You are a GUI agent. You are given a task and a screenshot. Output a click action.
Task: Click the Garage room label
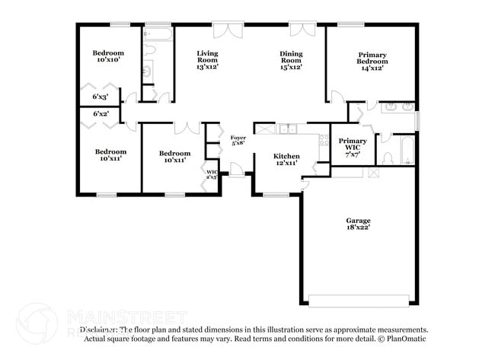[356, 219]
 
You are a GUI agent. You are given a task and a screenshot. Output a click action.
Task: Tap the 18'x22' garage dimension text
[356, 227]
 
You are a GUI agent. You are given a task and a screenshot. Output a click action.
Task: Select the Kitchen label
[286, 155]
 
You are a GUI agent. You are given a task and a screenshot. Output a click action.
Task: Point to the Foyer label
[238, 137]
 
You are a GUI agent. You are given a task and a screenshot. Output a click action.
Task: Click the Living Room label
[207, 55]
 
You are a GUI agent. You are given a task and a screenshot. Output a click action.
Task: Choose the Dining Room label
[290, 55]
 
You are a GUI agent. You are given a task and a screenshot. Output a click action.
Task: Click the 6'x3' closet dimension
[101, 97]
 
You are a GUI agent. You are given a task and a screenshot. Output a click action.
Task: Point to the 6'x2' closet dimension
[101, 114]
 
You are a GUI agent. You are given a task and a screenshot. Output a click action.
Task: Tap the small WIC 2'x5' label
[212, 175]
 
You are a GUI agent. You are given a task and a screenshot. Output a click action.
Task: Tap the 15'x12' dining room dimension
[290, 67]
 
